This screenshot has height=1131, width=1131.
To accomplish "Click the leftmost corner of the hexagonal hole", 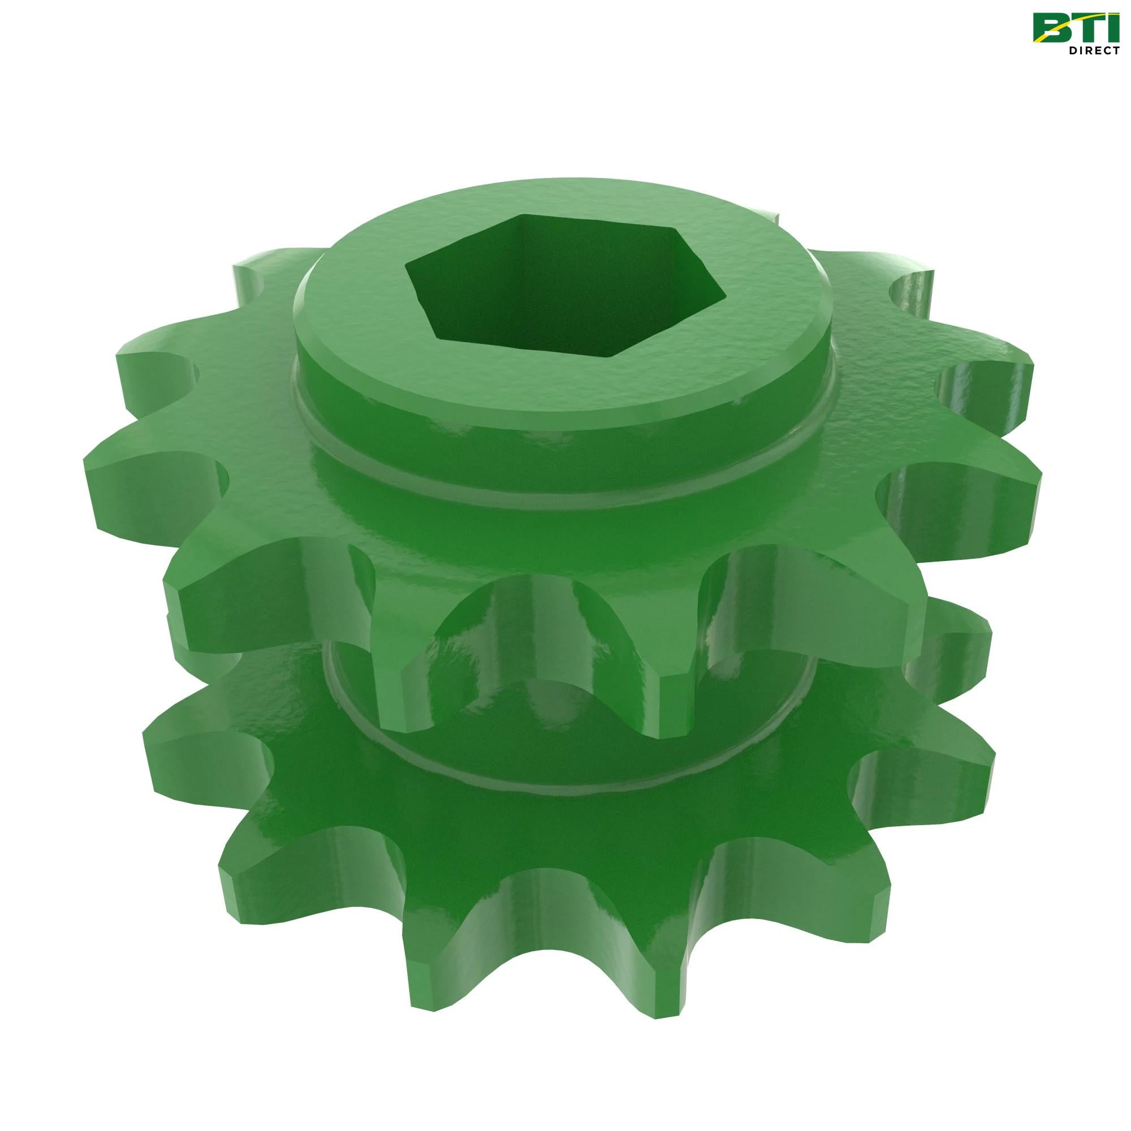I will click(409, 282).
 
